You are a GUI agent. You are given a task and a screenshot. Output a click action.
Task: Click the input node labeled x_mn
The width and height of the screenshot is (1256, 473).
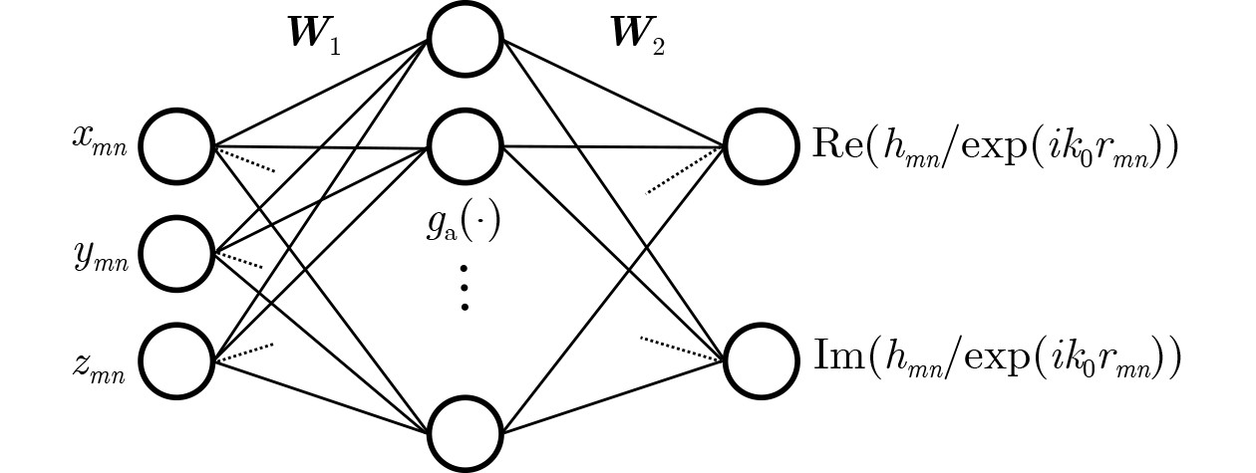(x=177, y=146)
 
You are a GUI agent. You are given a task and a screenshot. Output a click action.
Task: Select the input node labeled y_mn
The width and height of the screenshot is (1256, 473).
(x=177, y=253)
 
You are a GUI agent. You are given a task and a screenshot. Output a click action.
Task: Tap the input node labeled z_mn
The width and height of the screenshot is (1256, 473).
(x=177, y=359)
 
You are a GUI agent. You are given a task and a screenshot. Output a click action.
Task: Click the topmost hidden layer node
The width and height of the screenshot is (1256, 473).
(x=465, y=39)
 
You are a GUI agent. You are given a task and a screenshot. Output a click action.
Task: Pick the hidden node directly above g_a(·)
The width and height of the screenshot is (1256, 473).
(x=465, y=146)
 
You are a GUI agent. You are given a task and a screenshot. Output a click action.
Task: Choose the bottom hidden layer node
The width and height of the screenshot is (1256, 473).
(x=465, y=433)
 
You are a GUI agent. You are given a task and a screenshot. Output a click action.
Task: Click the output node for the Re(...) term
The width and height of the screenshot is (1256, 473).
(x=762, y=146)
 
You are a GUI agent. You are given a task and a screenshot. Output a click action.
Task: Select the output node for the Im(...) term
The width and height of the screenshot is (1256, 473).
(x=762, y=359)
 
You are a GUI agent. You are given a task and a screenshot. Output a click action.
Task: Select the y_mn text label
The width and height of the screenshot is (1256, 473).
(x=101, y=258)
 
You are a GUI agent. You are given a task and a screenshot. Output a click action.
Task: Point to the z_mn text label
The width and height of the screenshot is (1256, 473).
(x=99, y=366)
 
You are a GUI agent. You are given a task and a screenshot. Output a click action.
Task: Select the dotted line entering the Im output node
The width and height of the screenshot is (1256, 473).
(x=681, y=348)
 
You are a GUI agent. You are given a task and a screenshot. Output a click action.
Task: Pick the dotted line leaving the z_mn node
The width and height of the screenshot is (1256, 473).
(x=244, y=353)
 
